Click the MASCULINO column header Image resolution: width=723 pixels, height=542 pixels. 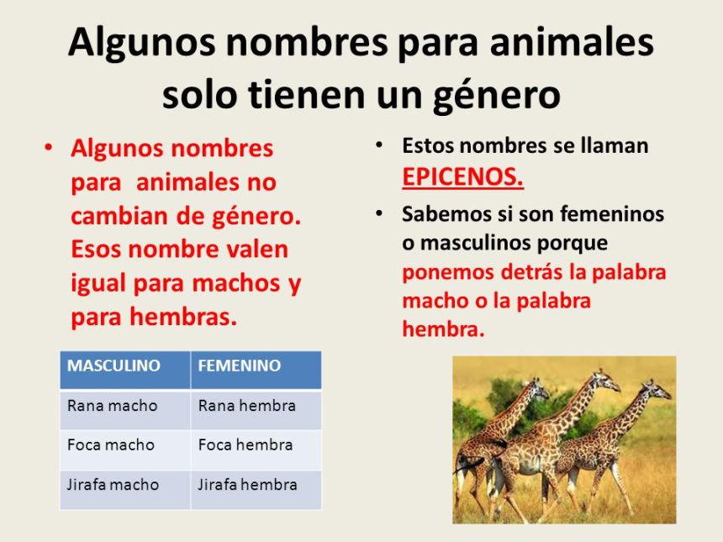(125, 370)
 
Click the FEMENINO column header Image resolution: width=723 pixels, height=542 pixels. (256, 370)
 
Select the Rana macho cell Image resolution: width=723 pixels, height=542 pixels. (125, 410)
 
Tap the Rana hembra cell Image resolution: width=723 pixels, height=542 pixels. (256, 410)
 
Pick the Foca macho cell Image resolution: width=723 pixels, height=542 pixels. (125, 450)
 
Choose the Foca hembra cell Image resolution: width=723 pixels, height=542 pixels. (256, 450)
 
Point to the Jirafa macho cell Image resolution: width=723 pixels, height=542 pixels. (125, 489)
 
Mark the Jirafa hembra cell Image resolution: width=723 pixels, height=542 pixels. (256, 489)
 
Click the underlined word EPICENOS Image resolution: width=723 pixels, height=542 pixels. (462, 177)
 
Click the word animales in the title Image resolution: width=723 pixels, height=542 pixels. (572, 42)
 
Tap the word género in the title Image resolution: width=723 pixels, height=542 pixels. (497, 96)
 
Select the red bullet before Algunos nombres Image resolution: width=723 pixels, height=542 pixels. (49, 149)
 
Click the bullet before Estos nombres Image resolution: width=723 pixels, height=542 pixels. (379, 145)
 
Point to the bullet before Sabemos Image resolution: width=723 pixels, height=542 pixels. (379, 213)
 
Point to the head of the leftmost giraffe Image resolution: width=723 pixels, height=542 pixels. (539, 387)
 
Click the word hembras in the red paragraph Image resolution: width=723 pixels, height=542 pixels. (183, 317)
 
